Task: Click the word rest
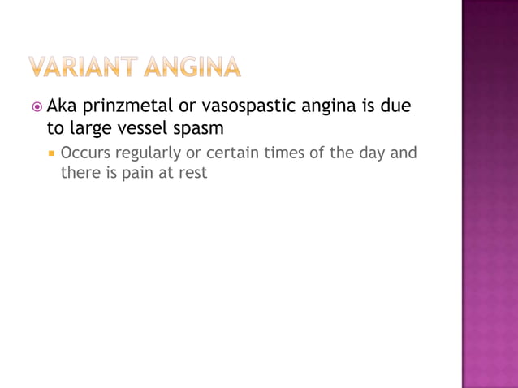coord(193,172)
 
